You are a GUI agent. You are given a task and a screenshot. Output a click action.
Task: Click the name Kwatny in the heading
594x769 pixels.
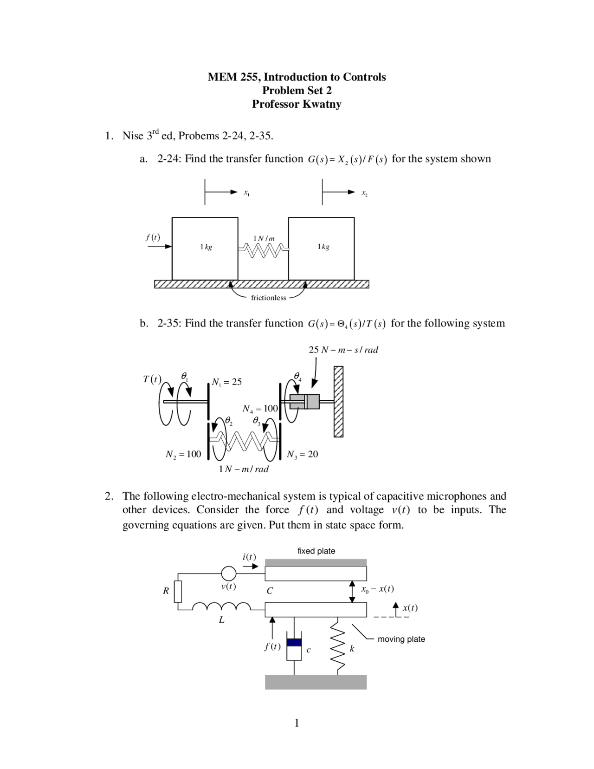coord(322,104)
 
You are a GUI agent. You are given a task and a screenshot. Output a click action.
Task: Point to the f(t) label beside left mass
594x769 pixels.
coord(152,237)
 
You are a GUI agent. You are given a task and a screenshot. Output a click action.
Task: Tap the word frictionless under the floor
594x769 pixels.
coord(268,298)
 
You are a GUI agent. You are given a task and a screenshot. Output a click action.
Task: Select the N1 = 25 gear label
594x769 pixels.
coord(226,382)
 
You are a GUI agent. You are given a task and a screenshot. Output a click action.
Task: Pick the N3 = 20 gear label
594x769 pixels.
coord(302,454)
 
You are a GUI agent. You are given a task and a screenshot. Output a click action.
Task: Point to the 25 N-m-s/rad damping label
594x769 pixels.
coord(343,350)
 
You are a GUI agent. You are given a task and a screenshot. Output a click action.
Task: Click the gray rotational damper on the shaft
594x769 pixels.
coord(305,402)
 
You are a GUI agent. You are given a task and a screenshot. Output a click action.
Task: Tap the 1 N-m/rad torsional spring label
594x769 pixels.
coord(243,469)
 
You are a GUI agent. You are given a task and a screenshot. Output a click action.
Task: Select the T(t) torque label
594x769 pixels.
coord(152,379)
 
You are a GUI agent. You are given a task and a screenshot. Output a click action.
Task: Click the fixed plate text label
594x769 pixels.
coord(316,551)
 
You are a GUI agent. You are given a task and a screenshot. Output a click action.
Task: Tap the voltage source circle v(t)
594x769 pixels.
coord(228,574)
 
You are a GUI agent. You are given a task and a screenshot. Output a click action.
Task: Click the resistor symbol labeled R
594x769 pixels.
coord(178,592)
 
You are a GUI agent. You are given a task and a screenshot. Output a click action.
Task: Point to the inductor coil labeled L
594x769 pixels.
coord(221,606)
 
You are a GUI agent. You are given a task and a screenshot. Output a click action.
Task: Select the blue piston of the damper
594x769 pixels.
coord(294,642)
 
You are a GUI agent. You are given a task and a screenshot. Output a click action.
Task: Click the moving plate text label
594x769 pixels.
coord(401,639)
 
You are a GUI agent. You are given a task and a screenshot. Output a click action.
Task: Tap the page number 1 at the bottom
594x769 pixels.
coord(297,723)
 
